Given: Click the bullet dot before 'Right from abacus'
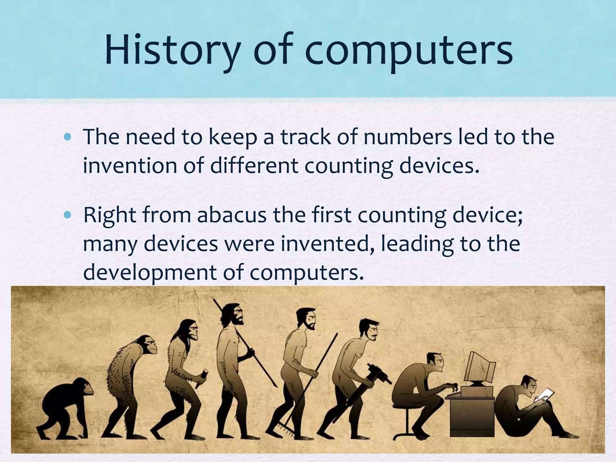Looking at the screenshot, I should pyautogui.click(x=68, y=215).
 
